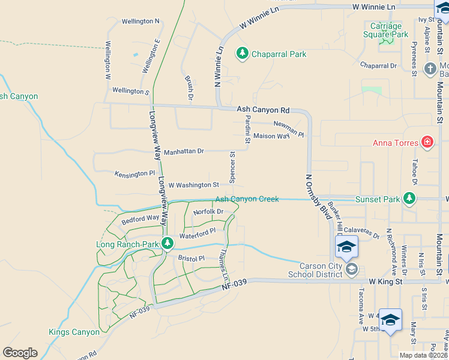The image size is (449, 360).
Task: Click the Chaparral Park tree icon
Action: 243,53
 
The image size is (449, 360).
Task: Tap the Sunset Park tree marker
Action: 409,199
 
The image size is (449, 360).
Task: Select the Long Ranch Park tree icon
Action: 167,244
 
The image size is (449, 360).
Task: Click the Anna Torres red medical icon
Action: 427,142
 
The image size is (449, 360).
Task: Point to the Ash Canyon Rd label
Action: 263,110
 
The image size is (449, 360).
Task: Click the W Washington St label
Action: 193,185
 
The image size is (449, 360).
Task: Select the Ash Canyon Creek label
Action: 247,199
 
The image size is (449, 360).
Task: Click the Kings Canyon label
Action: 74,332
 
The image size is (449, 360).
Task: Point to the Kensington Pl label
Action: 134,173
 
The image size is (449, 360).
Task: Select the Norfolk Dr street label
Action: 208,212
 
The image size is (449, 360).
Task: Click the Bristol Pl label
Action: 191,258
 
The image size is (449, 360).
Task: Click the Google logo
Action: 20,353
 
